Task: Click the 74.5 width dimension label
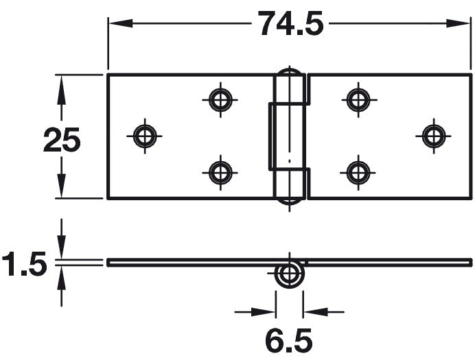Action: click(x=290, y=23)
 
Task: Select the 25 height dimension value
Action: click(x=62, y=139)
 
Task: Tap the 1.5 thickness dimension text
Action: click(x=24, y=263)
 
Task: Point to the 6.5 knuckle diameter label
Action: click(x=289, y=341)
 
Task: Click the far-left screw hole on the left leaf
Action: click(x=145, y=136)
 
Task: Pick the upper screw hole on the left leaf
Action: click(x=220, y=99)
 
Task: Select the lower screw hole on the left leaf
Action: click(x=220, y=173)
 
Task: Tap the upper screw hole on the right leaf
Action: click(x=359, y=99)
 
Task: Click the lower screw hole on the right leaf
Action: click(x=358, y=173)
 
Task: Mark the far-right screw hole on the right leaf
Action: click(x=434, y=136)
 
